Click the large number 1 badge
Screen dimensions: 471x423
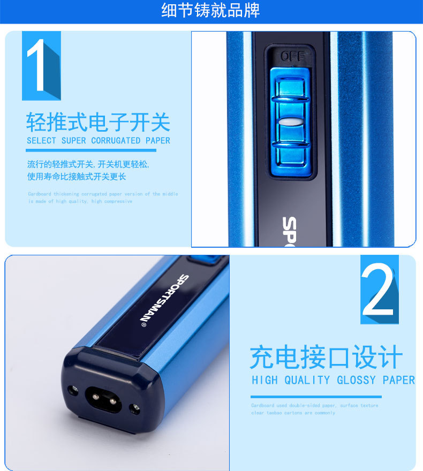click(x=41, y=65)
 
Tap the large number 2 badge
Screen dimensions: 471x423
click(x=379, y=289)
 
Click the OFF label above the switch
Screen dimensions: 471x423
click(x=292, y=56)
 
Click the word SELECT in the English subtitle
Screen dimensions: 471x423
click(x=41, y=141)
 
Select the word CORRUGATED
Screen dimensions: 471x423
click(x=116, y=141)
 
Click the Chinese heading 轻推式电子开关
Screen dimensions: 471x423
click(x=98, y=123)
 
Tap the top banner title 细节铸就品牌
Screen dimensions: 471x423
click(x=211, y=11)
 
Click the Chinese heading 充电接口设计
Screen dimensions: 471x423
click(x=326, y=358)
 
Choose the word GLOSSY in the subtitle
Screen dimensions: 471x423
click(x=357, y=380)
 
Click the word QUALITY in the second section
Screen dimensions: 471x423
click(x=307, y=380)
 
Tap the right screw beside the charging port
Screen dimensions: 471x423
click(x=135, y=409)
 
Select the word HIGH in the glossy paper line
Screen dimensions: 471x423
click(x=265, y=380)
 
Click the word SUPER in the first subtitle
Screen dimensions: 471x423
click(x=73, y=141)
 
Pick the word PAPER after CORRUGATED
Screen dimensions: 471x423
click(x=157, y=141)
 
